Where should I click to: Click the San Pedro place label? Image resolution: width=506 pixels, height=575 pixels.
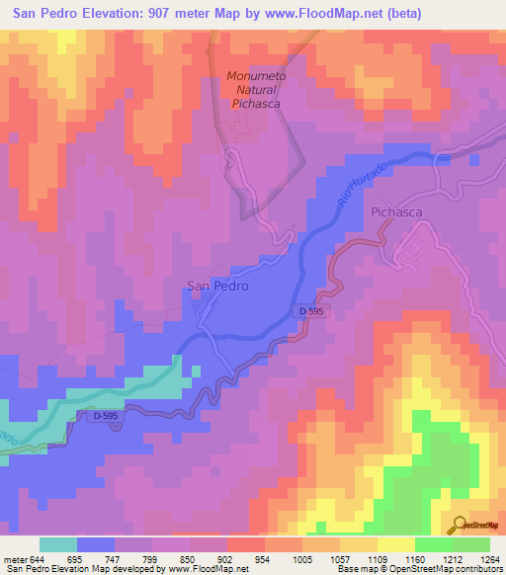coord(216,287)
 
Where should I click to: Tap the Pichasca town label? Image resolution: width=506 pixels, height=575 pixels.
coord(396,212)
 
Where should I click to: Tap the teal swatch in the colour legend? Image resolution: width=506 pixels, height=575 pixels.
coord(58,544)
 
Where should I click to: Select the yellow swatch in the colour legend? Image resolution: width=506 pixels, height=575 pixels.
coord(396,544)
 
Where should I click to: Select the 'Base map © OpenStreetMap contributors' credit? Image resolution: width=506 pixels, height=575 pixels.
coord(418,569)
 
